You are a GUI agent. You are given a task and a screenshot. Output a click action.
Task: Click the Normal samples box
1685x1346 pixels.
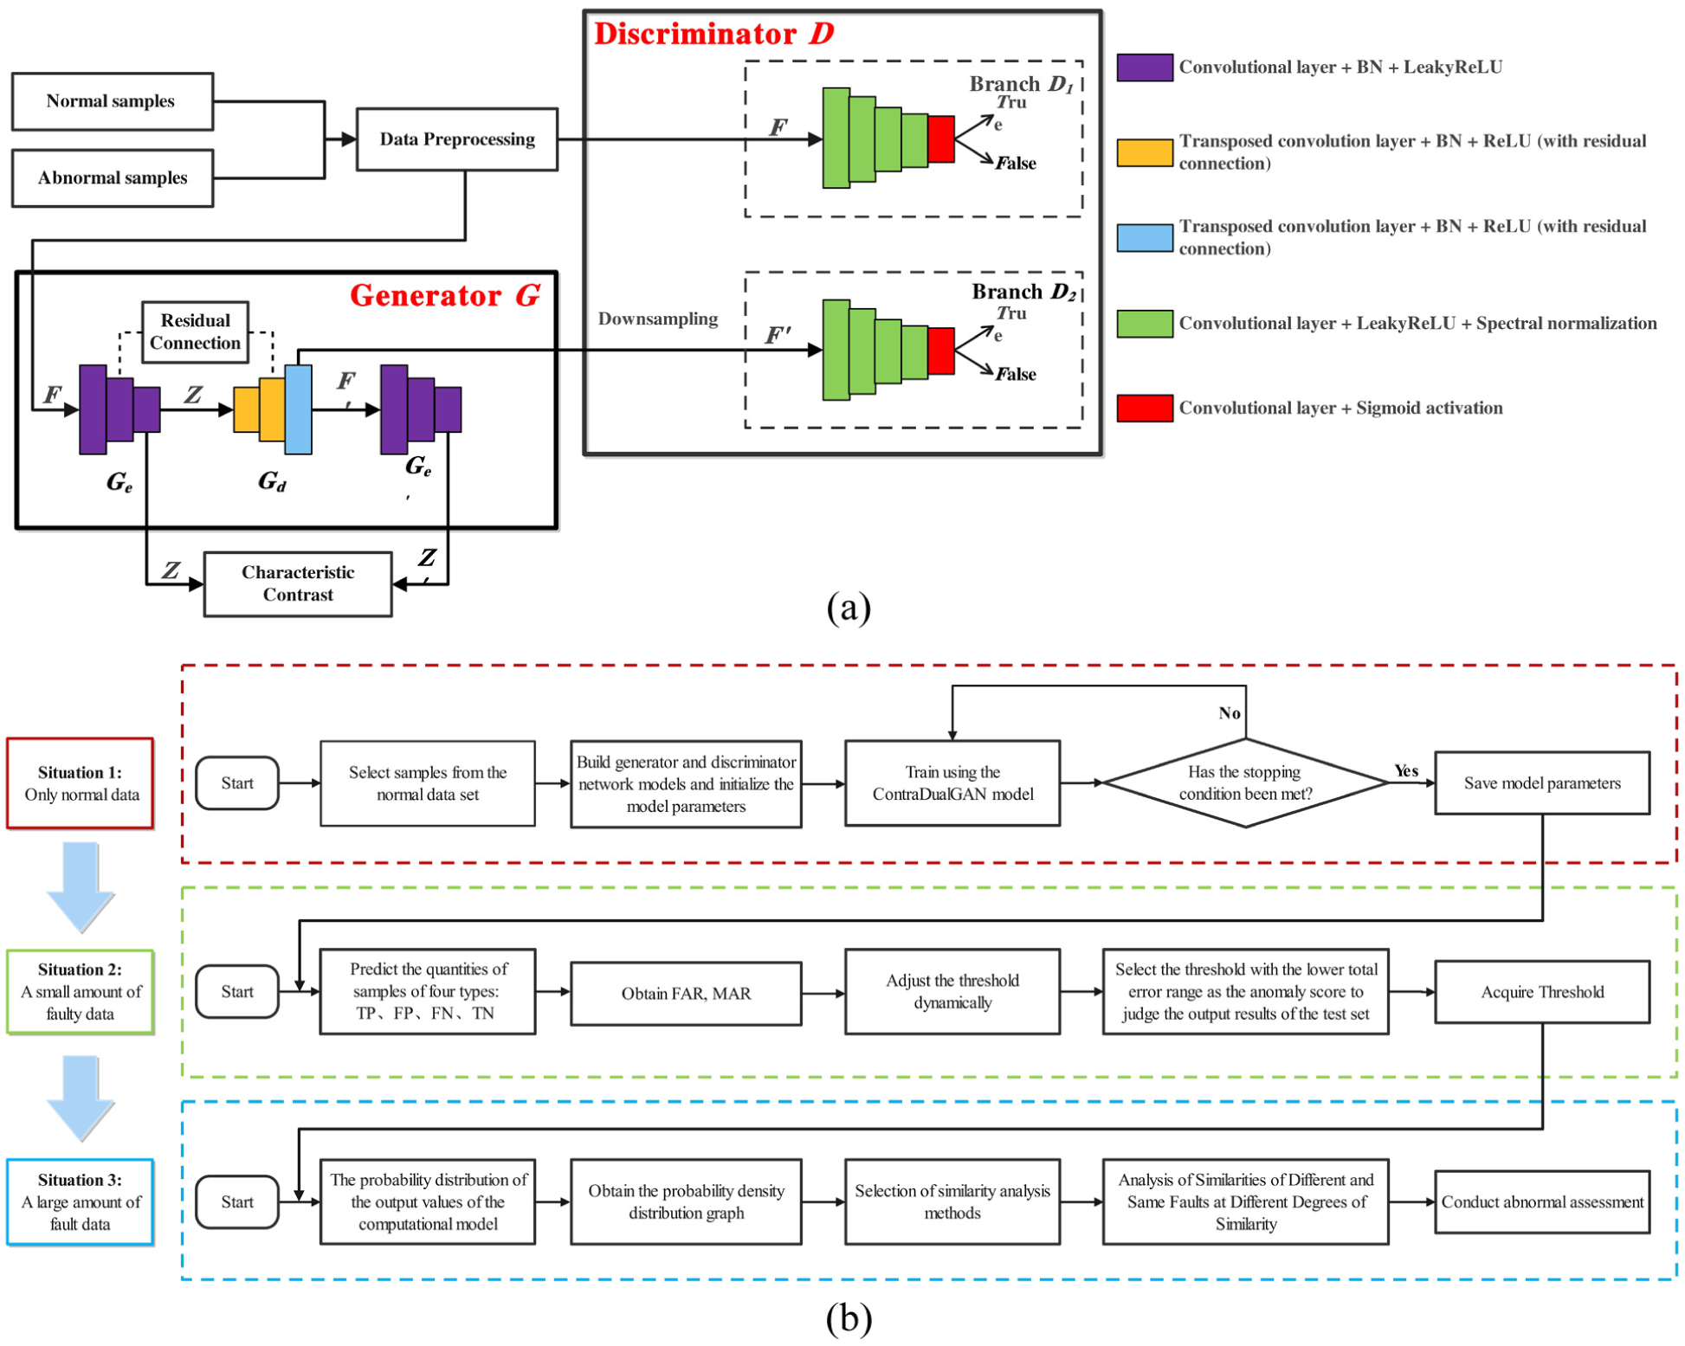(x=112, y=101)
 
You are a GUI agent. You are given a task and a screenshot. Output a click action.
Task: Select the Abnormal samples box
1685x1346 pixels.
(x=112, y=177)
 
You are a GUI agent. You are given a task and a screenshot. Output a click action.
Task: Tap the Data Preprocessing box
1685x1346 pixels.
(x=456, y=139)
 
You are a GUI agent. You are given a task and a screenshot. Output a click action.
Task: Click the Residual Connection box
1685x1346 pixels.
(x=195, y=332)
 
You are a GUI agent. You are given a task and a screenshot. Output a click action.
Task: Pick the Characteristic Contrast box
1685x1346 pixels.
(x=297, y=583)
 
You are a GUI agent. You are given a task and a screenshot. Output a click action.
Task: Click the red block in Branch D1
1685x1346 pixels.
(x=940, y=138)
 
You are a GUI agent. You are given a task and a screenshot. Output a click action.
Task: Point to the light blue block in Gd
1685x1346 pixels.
(x=298, y=409)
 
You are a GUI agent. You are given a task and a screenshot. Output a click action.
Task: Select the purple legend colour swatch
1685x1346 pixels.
(x=1144, y=68)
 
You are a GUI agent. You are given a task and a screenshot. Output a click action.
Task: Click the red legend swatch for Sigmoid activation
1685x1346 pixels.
(x=1144, y=408)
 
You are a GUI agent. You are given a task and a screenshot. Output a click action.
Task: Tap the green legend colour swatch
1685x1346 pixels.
(x=1144, y=323)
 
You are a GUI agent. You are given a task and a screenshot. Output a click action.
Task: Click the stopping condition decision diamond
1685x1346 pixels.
(x=1244, y=782)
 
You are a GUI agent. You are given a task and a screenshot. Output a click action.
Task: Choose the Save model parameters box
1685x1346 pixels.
(x=1541, y=782)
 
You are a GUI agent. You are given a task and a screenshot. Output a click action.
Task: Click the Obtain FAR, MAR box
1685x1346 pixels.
(x=685, y=993)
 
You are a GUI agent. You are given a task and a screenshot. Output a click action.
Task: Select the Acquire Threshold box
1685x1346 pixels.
(x=1541, y=992)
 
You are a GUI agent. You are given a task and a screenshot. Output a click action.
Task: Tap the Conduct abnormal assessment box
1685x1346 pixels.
(x=1541, y=1201)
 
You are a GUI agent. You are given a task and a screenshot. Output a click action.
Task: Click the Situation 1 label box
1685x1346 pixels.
(x=81, y=782)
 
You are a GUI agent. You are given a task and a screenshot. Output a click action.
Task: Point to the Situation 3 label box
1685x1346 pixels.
(x=81, y=1201)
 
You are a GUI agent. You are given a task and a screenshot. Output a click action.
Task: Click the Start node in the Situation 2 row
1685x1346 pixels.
(x=236, y=991)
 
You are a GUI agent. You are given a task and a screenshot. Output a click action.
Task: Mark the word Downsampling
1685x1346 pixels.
(x=657, y=319)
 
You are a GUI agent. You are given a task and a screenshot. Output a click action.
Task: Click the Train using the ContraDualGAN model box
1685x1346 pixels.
(x=952, y=782)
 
